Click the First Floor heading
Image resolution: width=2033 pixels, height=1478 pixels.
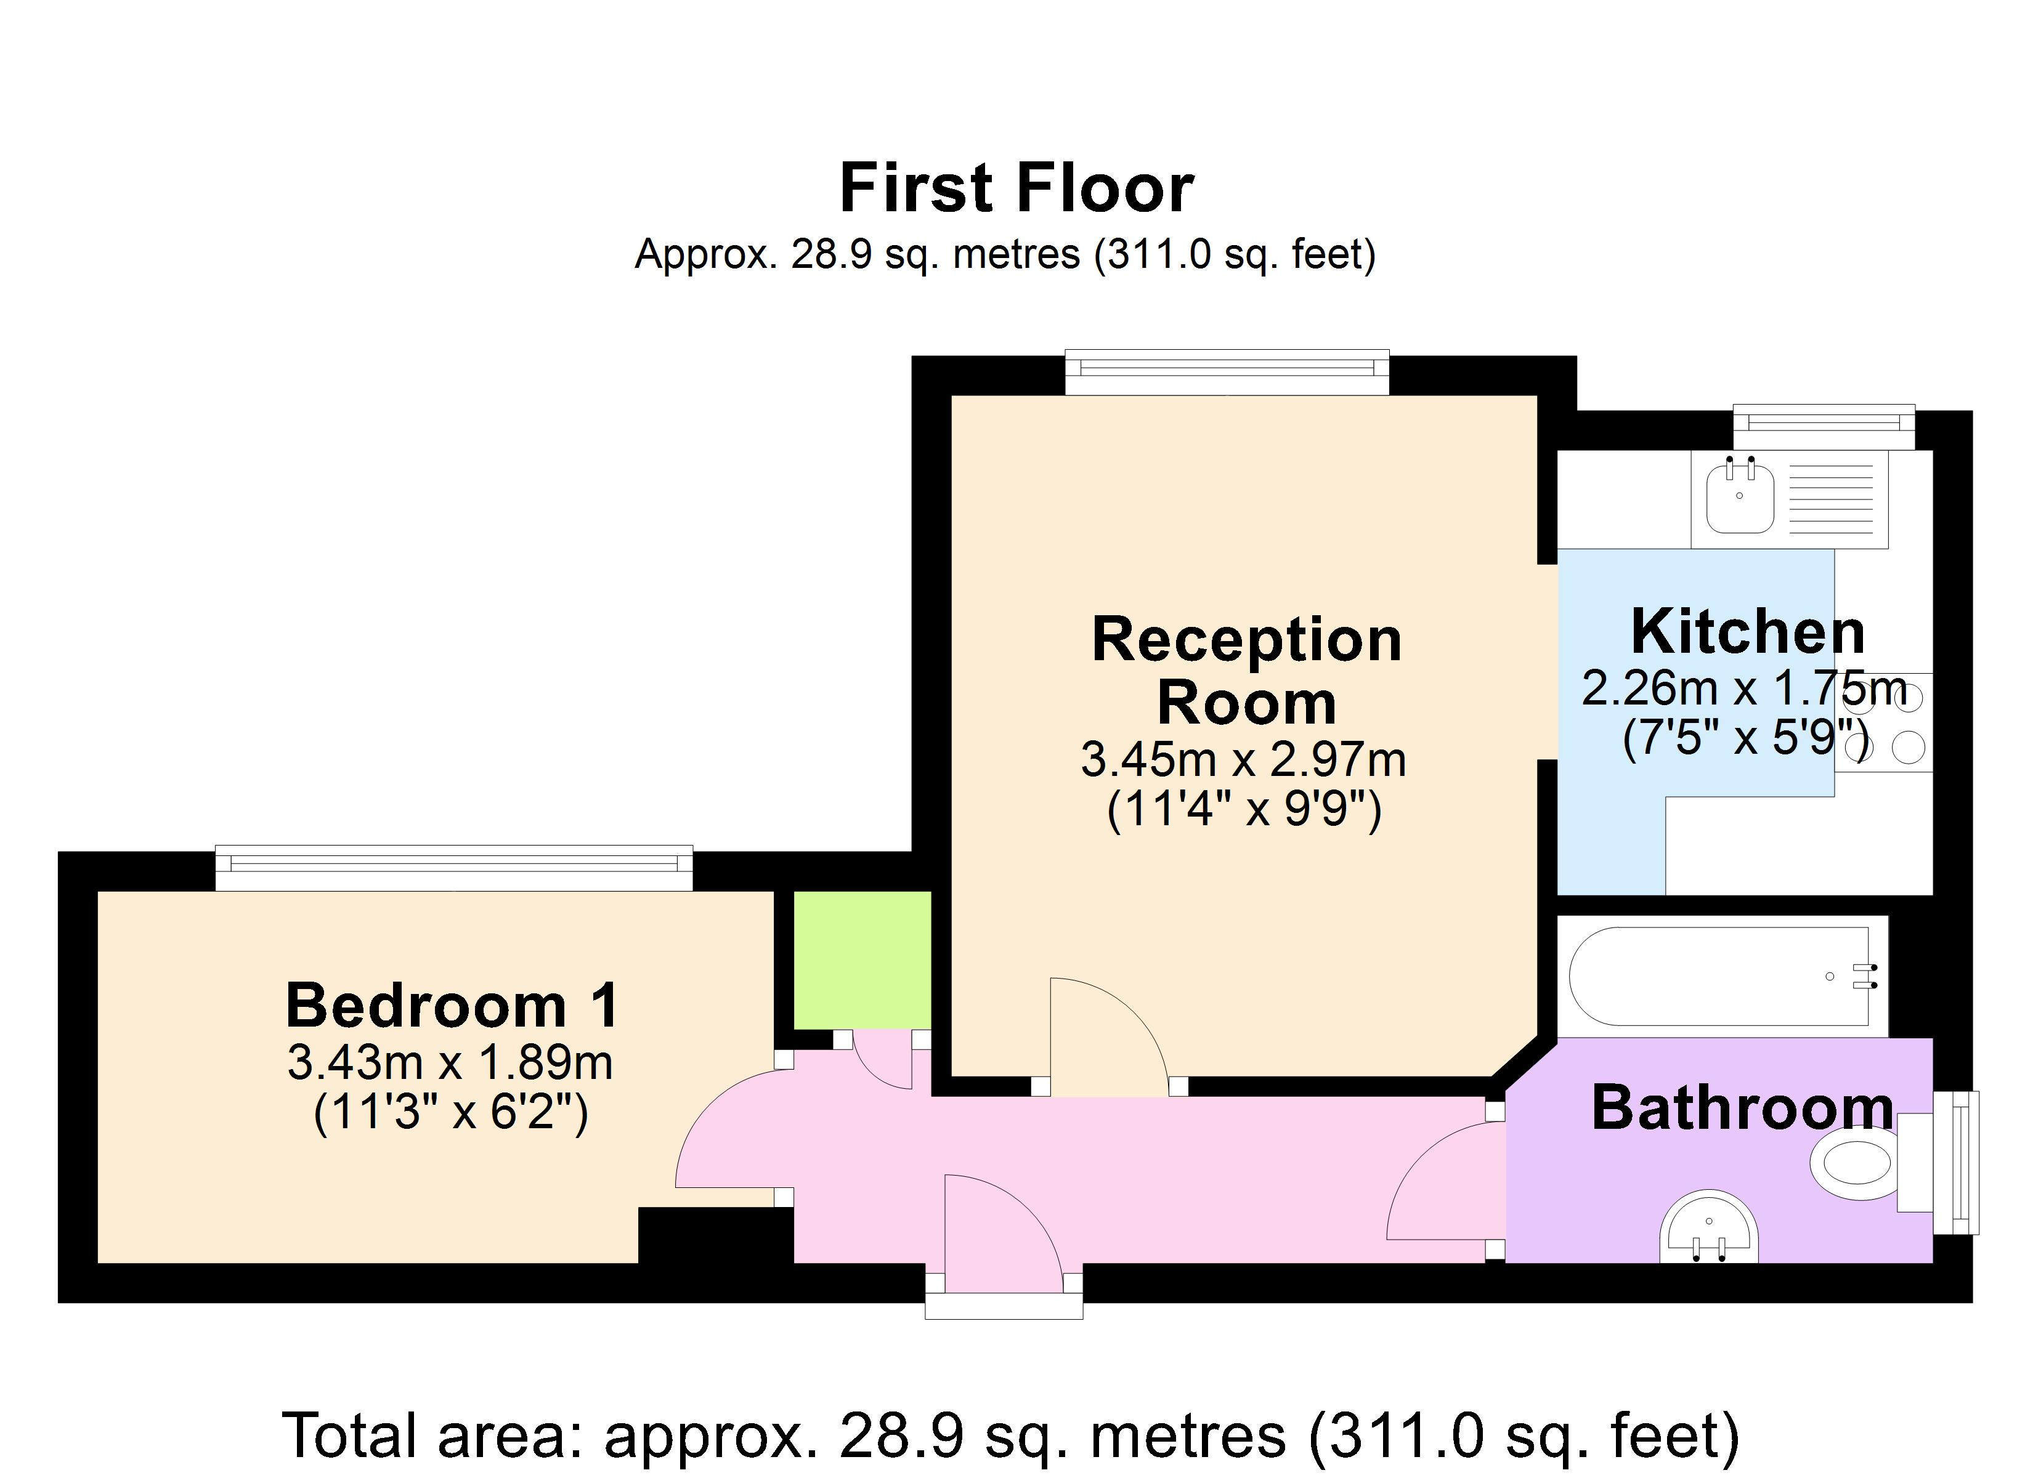(x=1016, y=188)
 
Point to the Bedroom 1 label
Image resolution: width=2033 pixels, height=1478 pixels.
(x=453, y=1005)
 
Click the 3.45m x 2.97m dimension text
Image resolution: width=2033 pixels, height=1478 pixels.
(x=1243, y=760)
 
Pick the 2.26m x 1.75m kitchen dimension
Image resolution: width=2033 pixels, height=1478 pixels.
(x=1743, y=689)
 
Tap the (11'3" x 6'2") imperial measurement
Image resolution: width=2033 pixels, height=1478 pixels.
(x=451, y=1114)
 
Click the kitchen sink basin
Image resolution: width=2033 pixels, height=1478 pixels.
(x=1740, y=498)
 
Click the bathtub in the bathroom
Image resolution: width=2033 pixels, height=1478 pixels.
(x=1722, y=976)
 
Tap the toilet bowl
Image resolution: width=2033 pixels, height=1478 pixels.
(x=1853, y=1163)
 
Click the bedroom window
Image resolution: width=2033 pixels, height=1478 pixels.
(x=453, y=868)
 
